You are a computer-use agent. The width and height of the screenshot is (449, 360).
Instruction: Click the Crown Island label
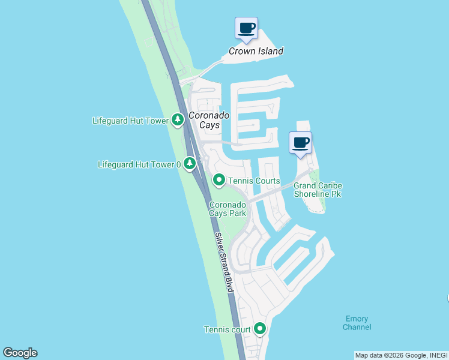pos(256,51)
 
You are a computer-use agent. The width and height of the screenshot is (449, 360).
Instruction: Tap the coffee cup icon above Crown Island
pos(246,28)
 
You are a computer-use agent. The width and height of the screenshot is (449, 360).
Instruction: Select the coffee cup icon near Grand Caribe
pos(301,143)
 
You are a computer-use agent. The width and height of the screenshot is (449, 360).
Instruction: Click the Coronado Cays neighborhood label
pos(204,120)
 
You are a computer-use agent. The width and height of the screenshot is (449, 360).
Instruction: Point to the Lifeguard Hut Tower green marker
pos(178,120)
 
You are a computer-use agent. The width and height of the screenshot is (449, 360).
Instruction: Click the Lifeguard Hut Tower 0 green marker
pos(190,163)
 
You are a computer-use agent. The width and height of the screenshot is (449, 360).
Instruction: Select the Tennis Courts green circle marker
pos(219,179)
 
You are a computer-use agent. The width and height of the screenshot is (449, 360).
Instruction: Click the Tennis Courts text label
pos(254,181)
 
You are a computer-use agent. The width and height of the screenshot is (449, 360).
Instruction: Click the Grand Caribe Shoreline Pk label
pos(318,190)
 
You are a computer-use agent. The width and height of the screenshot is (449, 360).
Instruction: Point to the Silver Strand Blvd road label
pos(223,262)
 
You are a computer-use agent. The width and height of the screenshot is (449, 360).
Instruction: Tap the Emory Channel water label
pos(357,323)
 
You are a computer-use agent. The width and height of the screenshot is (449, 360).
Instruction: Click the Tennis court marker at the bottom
pos(260,328)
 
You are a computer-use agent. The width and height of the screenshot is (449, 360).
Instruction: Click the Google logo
pos(20,353)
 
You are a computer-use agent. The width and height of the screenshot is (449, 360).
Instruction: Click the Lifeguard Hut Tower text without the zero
pos(130,121)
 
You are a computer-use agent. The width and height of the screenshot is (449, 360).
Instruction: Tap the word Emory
pos(357,319)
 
